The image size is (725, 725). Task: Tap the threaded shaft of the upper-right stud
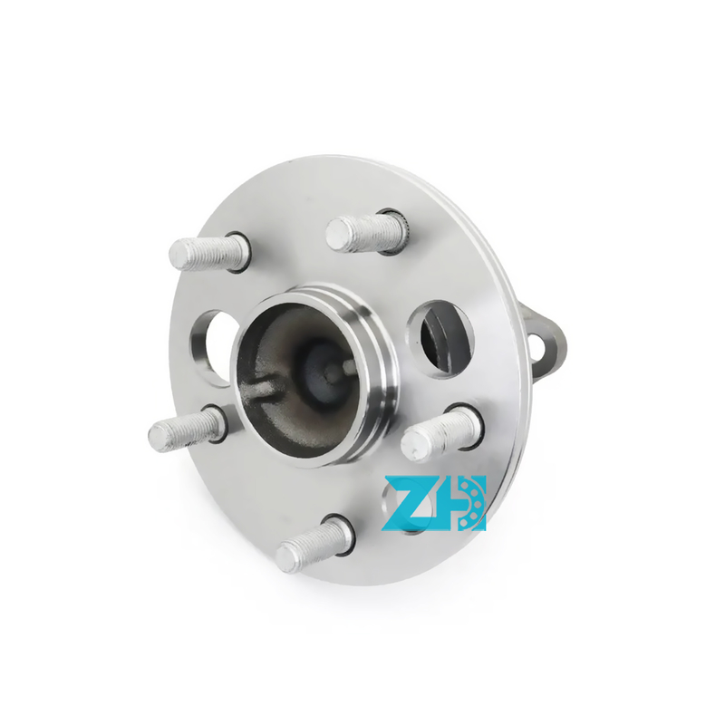[368, 234]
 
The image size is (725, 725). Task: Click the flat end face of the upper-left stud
[178, 255]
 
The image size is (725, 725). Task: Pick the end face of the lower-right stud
[413, 444]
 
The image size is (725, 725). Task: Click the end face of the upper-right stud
[337, 235]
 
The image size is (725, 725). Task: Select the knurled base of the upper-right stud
[394, 230]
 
